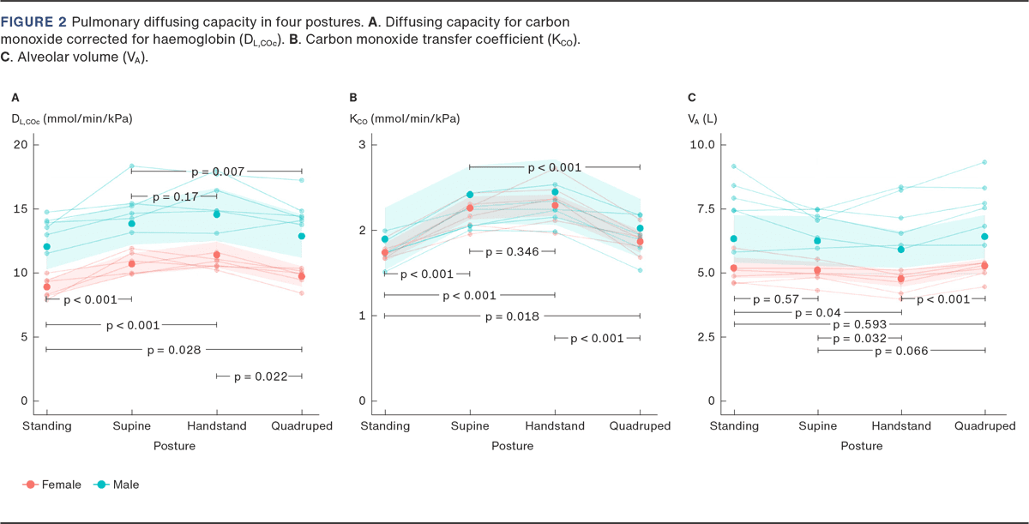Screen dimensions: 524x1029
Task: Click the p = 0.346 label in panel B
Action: pos(512,251)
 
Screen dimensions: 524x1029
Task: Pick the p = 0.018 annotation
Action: pos(512,316)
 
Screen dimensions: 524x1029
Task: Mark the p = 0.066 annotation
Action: pos(901,351)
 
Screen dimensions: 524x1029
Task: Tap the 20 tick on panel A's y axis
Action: pos(20,144)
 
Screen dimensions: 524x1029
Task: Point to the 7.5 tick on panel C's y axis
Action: pos(701,208)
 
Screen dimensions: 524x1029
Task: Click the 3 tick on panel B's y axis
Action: pos(363,144)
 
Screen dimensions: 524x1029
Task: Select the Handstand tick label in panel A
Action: pos(217,426)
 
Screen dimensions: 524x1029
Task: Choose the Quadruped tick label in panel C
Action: pos(985,426)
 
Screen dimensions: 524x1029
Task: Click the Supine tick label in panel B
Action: pos(470,426)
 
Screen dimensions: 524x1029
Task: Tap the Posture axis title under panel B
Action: pos(512,446)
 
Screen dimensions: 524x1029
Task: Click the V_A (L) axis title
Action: pos(703,118)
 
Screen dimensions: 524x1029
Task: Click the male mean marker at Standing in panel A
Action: pos(46,247)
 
